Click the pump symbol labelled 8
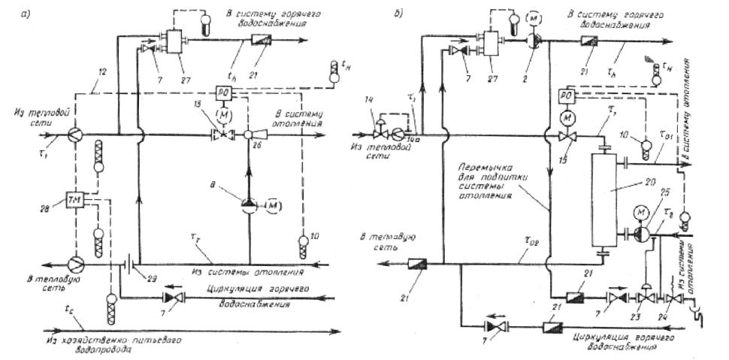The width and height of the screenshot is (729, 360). tap(249, 203)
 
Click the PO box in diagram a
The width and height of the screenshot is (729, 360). tap(244, 92)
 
